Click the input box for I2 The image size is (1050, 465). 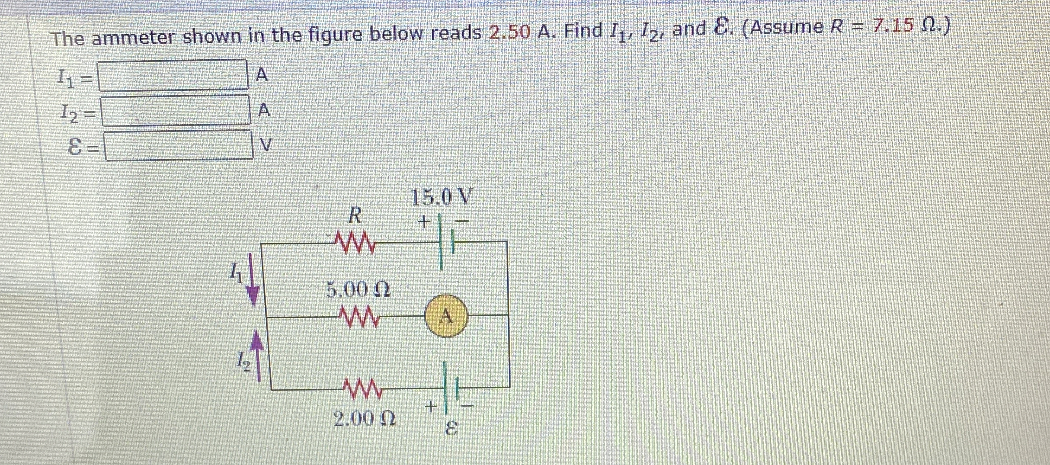[x=176, y=111]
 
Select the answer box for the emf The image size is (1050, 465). [x=178, y=145]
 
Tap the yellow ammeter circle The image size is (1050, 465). [x=446, y=317]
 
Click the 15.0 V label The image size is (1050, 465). [x=441, y=198]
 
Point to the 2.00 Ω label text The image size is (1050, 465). [x=365, y=419]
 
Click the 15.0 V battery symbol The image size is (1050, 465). [x=446, y=242]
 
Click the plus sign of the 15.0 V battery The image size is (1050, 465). [x=424, y=223]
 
